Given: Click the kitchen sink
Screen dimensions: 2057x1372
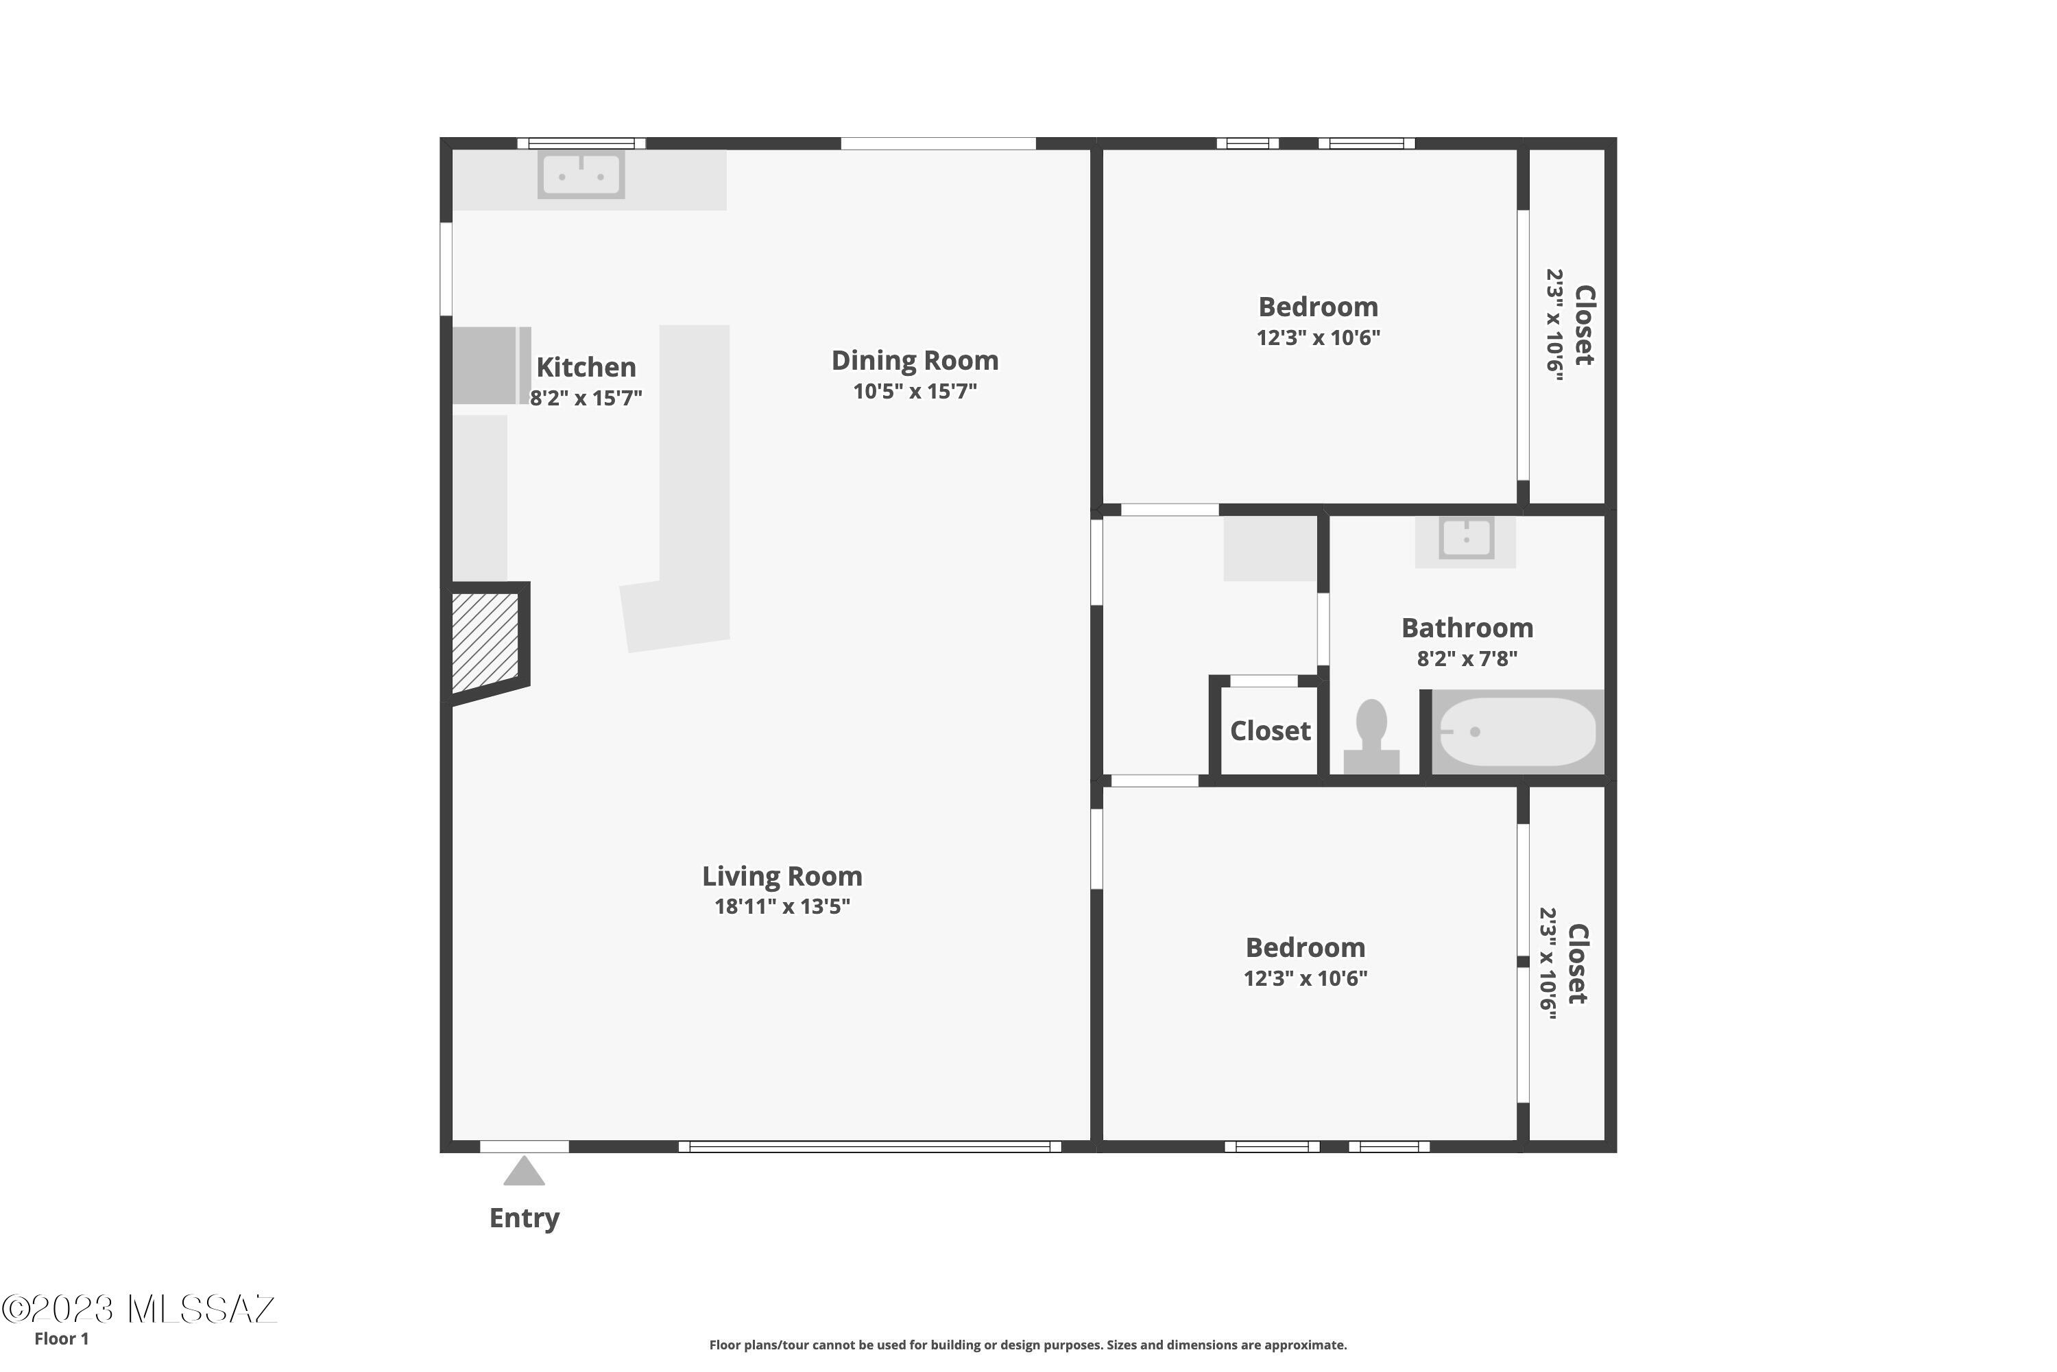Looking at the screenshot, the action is click(581, 175).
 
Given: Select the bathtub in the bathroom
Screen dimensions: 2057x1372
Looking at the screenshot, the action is click(1517, 731).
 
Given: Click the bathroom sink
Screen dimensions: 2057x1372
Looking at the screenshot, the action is click(1466, 537).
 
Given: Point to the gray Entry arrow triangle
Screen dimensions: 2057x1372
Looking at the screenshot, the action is click(524, 1171).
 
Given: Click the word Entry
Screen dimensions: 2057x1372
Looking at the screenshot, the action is click(524, 1218).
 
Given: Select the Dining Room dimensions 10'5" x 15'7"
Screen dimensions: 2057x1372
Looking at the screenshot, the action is click(915, 391).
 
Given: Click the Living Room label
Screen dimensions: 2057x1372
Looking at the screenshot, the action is click(782, 876).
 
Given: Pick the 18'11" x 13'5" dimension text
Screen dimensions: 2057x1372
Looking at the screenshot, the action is click(782, 906).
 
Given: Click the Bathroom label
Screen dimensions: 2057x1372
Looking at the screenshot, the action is click(1467, 628).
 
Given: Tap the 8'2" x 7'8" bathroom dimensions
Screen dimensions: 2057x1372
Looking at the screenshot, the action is click(1467, 658).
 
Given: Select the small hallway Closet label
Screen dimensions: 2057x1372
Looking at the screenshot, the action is click(1270, 731).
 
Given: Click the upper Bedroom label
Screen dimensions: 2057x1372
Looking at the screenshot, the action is click(1318, 307).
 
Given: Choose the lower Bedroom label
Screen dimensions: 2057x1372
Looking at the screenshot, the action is click(1305, 947).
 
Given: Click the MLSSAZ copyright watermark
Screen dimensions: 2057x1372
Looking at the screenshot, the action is click(139, 1309).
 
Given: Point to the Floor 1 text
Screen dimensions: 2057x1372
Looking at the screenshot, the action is click(61, 1339).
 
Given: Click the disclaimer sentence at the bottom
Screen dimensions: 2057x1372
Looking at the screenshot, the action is click(1028, 1345).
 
